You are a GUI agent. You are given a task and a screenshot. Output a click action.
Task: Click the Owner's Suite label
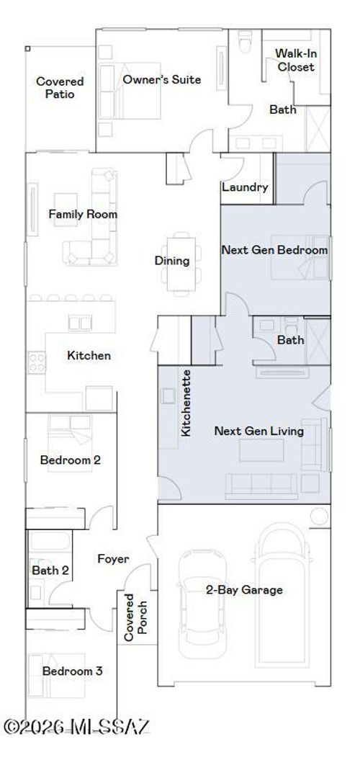coord(161,79)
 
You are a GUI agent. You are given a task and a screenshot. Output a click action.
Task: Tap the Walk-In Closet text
coord(295,61)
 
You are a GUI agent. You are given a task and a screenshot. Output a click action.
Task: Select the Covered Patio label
coord(60,88)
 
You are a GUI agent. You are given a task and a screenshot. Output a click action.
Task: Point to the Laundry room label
coord(245,188)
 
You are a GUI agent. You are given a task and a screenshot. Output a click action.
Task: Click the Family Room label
coord(83,214)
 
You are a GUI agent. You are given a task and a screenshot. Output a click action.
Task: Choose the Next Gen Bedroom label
coord(274,250)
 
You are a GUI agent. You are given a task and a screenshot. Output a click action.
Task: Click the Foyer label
coord(113,558)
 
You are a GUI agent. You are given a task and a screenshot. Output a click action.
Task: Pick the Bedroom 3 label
coord(71,671)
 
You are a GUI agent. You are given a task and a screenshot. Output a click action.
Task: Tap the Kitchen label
coord(89,355)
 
